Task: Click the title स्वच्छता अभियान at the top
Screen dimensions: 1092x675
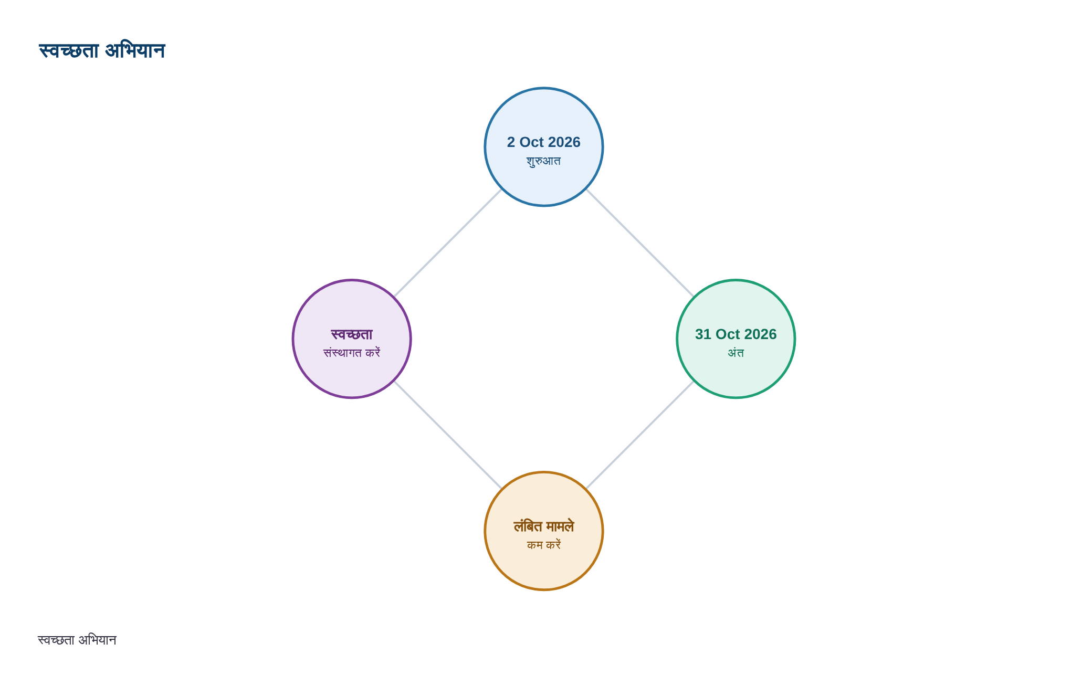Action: [102, 51]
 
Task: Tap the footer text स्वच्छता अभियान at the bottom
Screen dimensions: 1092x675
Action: [77, 640]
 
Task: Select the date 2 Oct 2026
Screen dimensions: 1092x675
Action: [544, 142]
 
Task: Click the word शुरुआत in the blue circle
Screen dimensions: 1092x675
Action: [544, 161]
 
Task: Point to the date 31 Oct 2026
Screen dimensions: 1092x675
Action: [736, 334]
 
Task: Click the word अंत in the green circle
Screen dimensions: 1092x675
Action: [736, 353]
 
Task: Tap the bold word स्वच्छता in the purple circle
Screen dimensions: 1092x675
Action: [352, 334]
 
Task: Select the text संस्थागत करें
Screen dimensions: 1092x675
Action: [352, 353]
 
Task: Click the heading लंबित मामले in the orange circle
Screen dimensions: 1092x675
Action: [544, 526]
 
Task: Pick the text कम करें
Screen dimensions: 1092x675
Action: [544, 545]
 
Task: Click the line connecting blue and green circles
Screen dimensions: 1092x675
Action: [640, 243]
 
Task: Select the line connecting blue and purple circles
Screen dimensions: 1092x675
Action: [448, 243]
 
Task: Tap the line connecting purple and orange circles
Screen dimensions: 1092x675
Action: [448, 435]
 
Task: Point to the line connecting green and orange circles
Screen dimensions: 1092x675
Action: [640, 435]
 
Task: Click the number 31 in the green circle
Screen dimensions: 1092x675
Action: [703, 334]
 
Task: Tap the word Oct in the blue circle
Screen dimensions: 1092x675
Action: [531, 142]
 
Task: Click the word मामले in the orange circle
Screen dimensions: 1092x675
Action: [560, 526]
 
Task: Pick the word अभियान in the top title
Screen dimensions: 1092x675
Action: [135, 51]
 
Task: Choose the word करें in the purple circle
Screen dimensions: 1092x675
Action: [373, 353]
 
